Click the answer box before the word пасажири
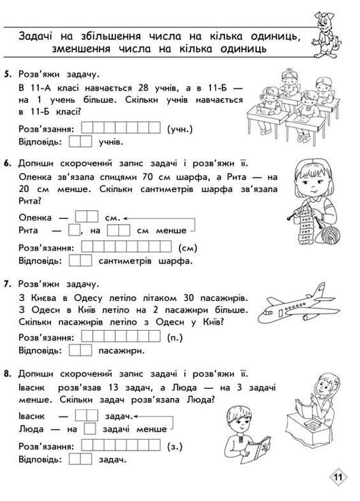(x=80, y=351)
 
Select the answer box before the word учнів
(x=80, y=142)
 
